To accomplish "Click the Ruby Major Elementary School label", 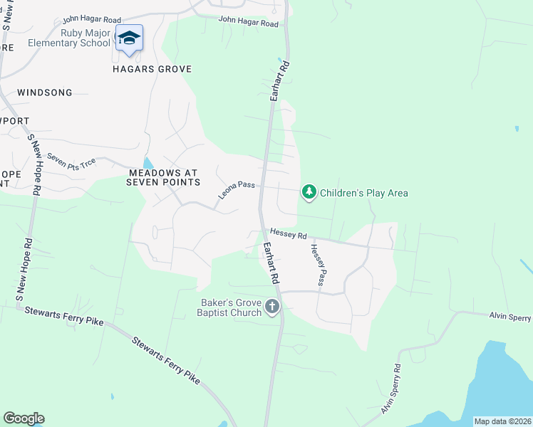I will pos(69,37).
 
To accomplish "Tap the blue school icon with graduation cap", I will pos(129,38).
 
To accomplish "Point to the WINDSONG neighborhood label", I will pos(45,93).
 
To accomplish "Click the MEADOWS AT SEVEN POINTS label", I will pos(163,177).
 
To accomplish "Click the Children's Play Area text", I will pos(363,193).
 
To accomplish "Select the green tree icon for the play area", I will pos(309,192).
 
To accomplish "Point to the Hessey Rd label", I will pos(288,234).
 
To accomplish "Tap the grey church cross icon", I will pos(271,307).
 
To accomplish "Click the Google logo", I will pos(24,418).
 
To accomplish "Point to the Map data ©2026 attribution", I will pos(502,421).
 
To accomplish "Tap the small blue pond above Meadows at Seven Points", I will pos(148,164).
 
